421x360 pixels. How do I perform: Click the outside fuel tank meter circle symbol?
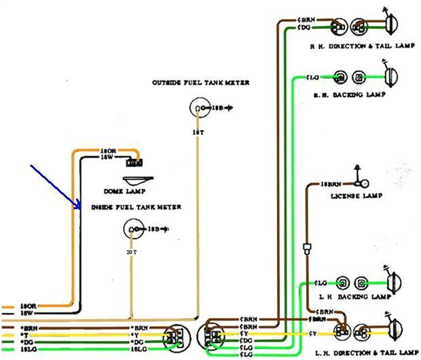(198, 109)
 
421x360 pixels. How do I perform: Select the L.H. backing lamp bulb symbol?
(392, 282)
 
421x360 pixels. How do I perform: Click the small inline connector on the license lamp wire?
(308, 248)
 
